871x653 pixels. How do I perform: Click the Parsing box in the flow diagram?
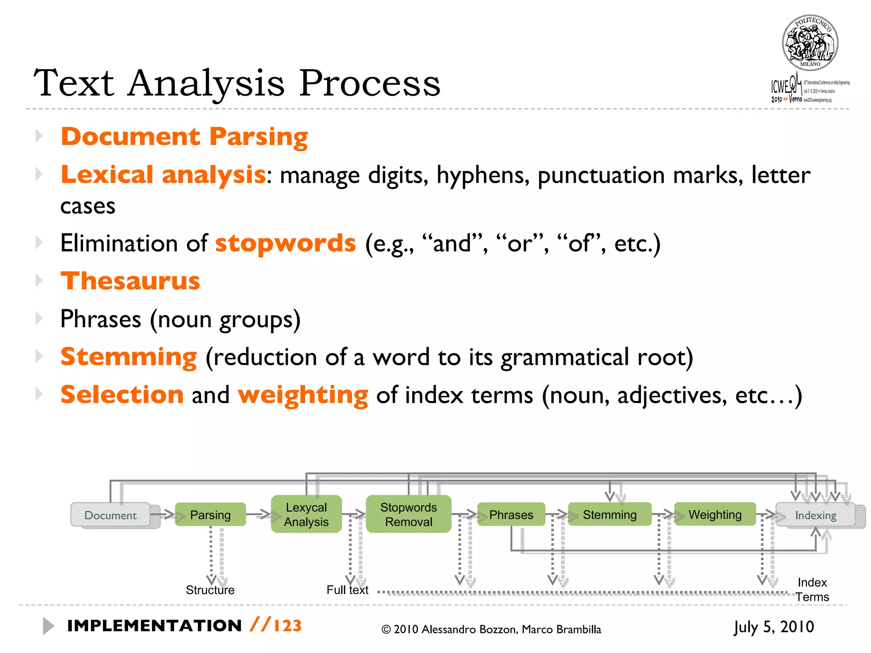(211, 515)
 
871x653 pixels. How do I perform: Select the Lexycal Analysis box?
(306, 514)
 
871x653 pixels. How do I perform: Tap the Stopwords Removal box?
(408, 514)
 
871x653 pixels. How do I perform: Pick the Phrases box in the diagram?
(511, 515)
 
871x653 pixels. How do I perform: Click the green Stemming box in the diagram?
(609, 515)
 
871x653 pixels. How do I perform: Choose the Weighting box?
(715, 514)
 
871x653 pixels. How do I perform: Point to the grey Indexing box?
(815, 515)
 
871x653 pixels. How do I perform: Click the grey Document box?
(111, 515)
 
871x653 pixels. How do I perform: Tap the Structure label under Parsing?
(210, 590)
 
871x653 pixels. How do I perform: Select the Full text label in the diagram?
(347, 590)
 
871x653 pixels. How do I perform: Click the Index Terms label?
(812, 590)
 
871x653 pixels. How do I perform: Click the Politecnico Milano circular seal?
(810, 43)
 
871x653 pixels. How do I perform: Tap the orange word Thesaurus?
(130, 281)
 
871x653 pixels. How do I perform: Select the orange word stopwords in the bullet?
(285, 243)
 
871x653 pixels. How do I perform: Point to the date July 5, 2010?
(774, 627)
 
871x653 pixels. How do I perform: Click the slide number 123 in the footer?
(288, 626)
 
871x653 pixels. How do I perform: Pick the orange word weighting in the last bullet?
(303, 395)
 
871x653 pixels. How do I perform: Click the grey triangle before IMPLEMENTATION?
(48, 626)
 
